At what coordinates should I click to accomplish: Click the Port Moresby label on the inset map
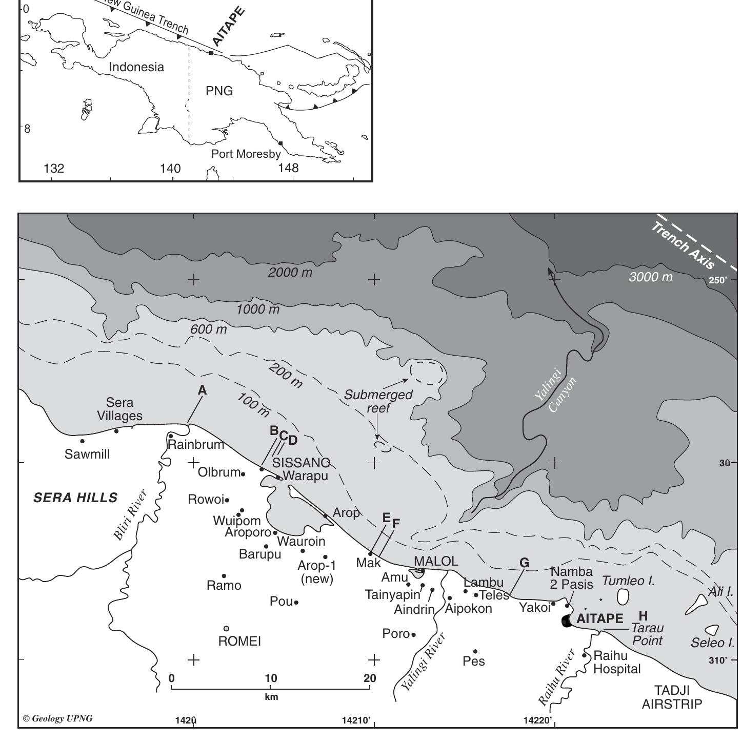pos(246,154)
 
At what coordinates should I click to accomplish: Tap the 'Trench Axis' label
pos(683,245)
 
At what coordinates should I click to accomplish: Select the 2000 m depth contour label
pos(290,273)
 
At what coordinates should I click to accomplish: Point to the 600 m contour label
pos(208,329)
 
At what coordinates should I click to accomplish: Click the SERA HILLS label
pos(75,498)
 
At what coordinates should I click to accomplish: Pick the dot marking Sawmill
pos(82,441)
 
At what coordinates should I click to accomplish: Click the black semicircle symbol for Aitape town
pos(567,622)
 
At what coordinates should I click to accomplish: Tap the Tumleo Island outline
pos(623,596)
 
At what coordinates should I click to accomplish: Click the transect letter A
pos(202,390)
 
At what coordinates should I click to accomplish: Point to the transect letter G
pos(524,563)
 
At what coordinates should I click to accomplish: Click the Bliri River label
pos(130,515)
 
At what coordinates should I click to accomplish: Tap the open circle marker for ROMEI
pos(226,629)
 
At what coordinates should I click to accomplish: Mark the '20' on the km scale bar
pos(370,678)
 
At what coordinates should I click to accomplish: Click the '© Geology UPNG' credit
pos(58,718)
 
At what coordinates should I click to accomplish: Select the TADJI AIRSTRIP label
pos(672,697)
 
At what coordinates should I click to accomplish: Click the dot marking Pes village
pos(475,652)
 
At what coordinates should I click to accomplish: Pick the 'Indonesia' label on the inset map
pos(136,67)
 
